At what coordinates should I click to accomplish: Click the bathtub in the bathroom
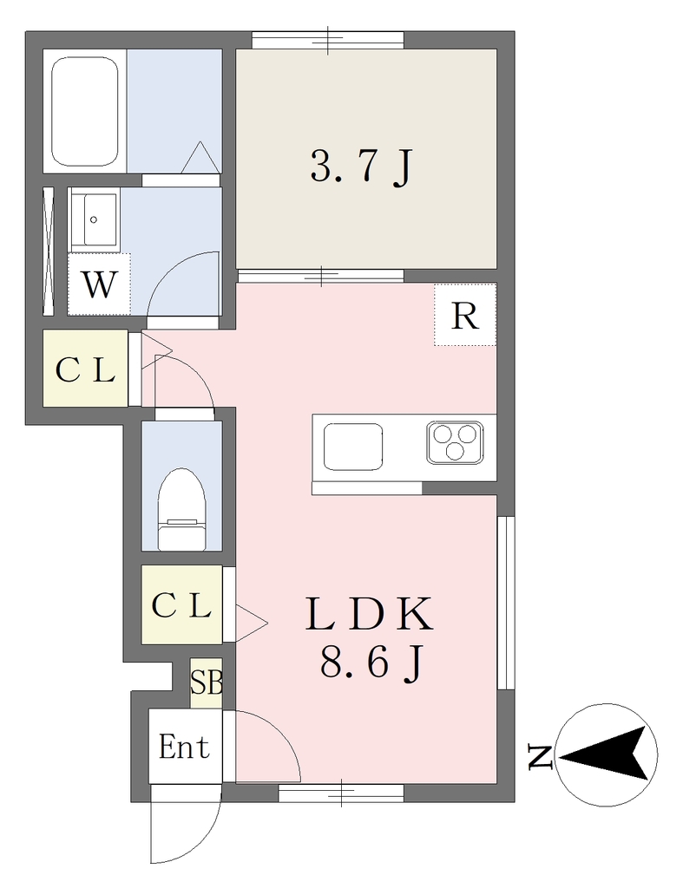(x=85, y=111)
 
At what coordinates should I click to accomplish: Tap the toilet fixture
(x=181, y=509)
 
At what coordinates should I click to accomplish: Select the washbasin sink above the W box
(x=94, y=219)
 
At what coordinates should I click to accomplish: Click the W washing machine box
(x=99, y=284)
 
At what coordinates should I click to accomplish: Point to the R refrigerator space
(x=465, y=315)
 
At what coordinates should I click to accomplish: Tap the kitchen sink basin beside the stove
(x=352, y=446)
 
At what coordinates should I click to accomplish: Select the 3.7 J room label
(x=360, y=166)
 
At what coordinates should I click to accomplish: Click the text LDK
(x=369, y=615)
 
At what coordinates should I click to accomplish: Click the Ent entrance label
(x=184, y=746)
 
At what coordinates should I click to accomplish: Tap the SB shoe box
(x=207, y=682)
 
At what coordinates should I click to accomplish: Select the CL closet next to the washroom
(x=86, y=368)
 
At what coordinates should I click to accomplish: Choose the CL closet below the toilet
(x=182, y=605)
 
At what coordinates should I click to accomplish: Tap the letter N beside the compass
(x=540, y=757)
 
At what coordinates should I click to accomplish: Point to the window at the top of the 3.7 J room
(x=327, y=40)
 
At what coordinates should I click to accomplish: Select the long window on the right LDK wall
(x=506, y=603)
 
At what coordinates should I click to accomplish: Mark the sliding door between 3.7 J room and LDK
(x=321, y=276)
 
